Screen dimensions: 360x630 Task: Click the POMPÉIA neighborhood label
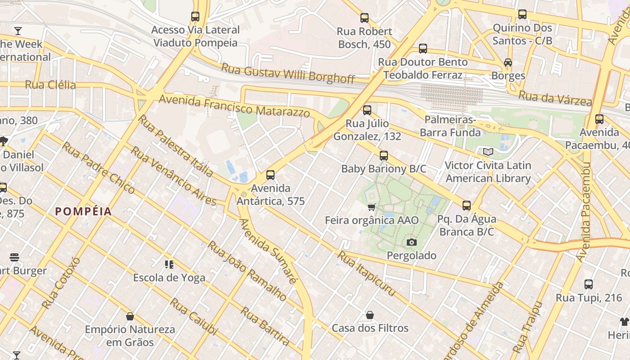pos(83,211)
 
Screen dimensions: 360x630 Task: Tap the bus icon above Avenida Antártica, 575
pos(270,175)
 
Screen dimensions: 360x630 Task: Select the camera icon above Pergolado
pos(411,243)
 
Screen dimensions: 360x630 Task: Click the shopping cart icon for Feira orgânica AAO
pos(371,207)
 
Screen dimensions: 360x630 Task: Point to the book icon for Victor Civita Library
pos(488,152)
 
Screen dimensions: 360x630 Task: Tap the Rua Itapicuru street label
pos(367,274)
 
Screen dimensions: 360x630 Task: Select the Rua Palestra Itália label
pos(175,145)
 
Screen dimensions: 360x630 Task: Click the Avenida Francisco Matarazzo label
pos(234,106)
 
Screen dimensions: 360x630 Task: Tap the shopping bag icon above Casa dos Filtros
pos(370,315)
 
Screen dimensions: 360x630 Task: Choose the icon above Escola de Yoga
pos(169,265)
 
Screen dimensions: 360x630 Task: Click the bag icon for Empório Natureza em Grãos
pos(130,316)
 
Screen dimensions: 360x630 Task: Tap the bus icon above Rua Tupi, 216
pos(588,284)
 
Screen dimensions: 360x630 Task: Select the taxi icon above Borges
pos(508,63)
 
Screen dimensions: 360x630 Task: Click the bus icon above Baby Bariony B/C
pos(383,156)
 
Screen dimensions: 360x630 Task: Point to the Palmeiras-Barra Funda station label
pos(450,126)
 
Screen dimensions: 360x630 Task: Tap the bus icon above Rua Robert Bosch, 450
pos(364,18)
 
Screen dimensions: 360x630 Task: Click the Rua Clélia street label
pos(50,85)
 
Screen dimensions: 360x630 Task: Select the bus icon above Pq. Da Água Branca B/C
pos(467,206)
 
